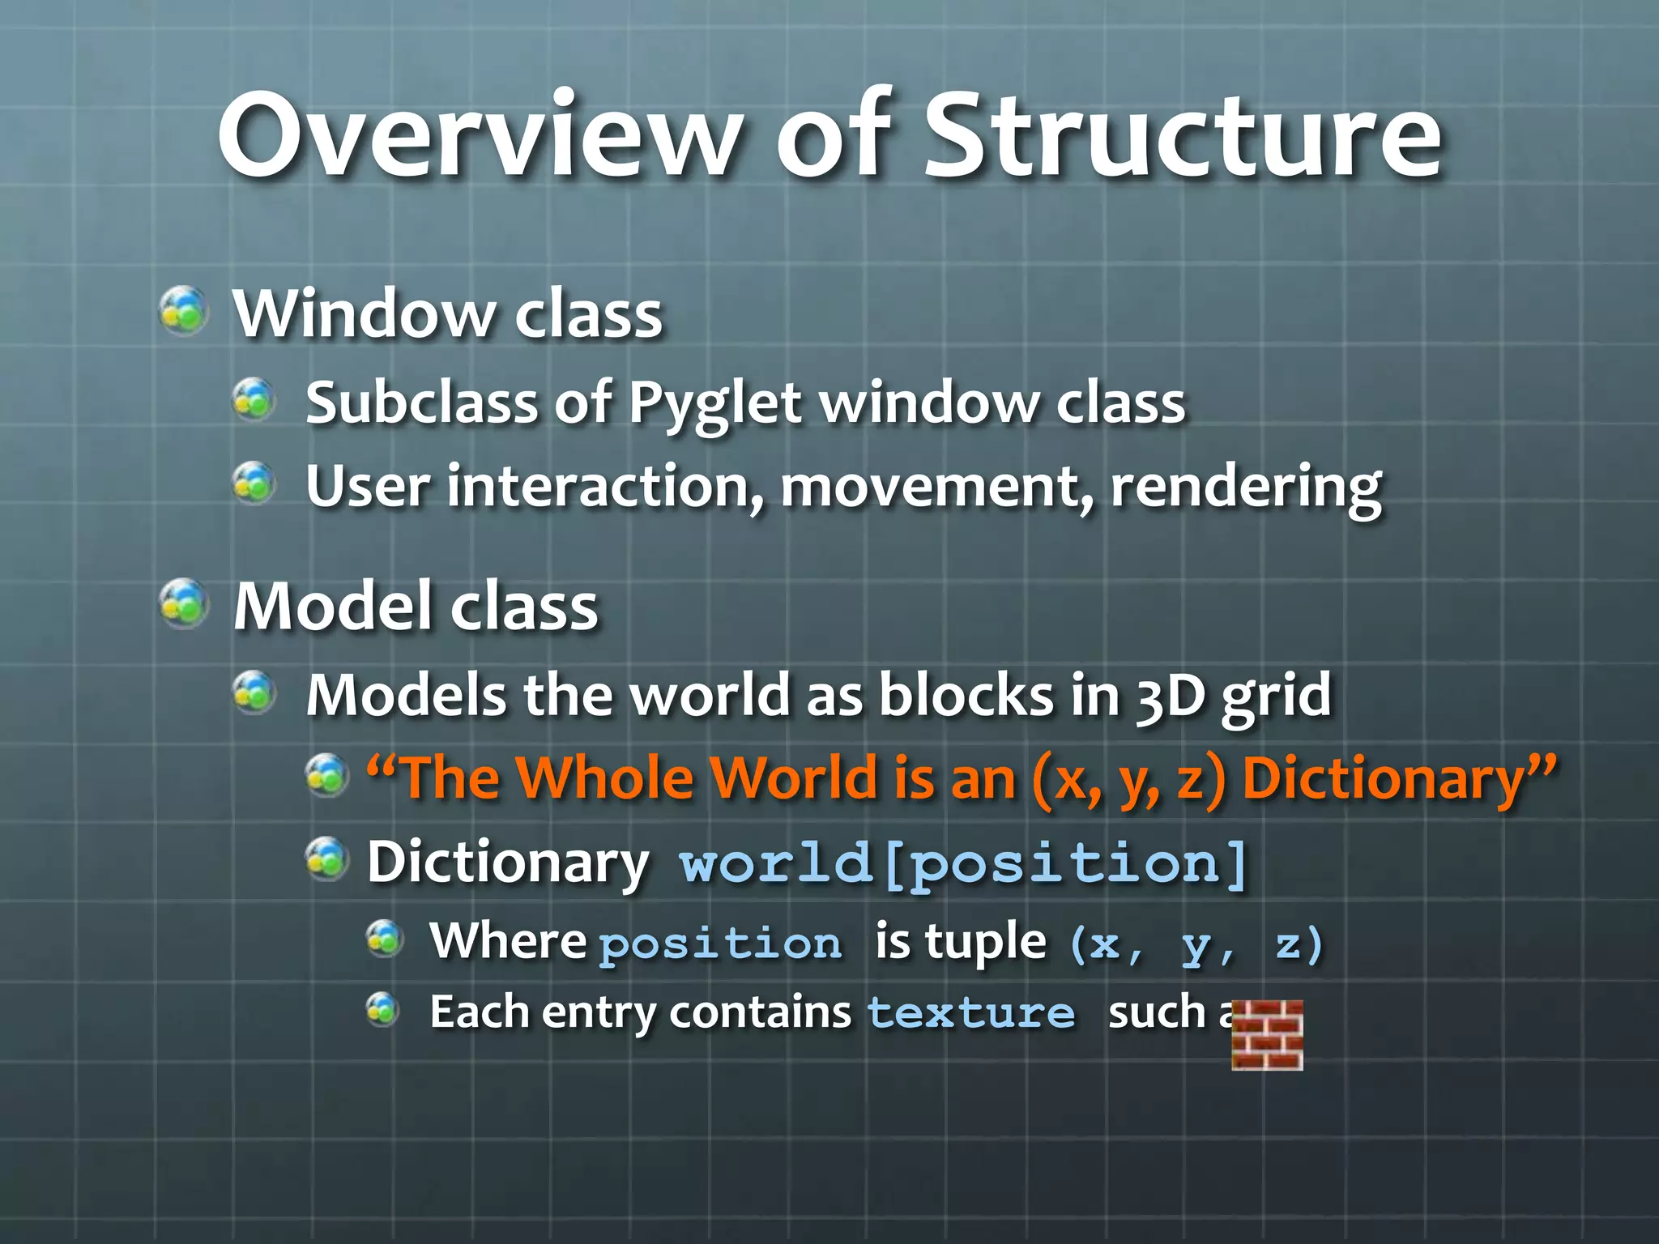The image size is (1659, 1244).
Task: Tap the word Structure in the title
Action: click(x=1183, y=135)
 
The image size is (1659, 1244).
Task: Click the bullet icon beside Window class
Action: click(x=185, y=311)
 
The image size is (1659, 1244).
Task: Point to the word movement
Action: click(x=936, y=488)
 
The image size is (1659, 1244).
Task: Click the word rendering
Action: click(x=1246, y=488)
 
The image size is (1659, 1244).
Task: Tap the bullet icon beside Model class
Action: click(x=185, y=604)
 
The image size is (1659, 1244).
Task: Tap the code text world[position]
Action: click(x=963, y=863)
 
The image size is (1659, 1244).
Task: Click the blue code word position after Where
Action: click(x=721, y=944)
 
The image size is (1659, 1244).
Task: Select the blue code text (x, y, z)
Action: click(x=1196, y=944)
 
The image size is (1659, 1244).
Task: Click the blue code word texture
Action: click(x=970, y=1012)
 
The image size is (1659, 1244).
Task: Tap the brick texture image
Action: click(x=1267, y=1035)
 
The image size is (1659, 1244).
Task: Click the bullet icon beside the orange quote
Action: click(x=326, y=775)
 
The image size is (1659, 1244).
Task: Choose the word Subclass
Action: click(x=421, y=403)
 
